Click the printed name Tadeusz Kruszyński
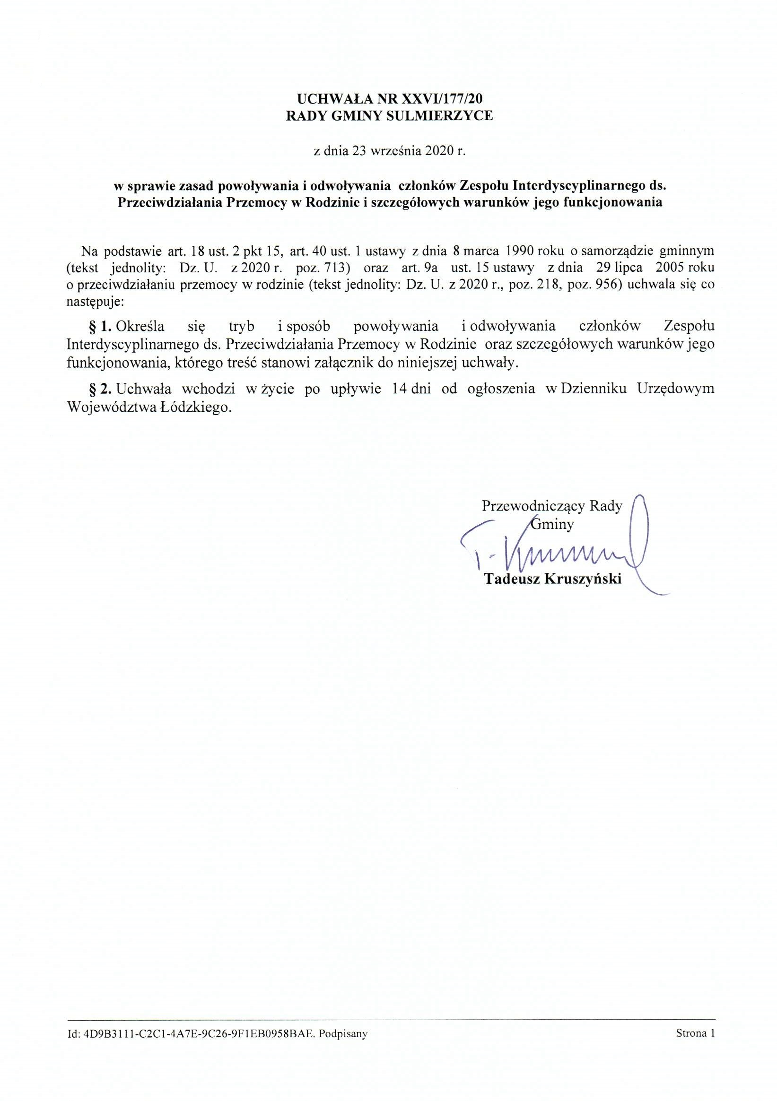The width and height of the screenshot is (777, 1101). (552, 579)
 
